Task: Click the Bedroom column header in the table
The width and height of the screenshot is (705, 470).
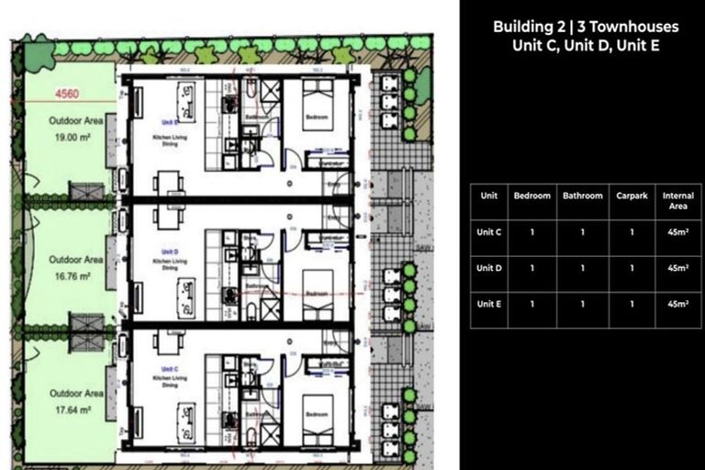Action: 532,196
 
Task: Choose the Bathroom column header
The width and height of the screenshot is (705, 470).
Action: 582,196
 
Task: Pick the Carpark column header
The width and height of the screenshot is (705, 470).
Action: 631,196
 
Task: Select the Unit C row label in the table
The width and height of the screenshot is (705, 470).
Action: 488,232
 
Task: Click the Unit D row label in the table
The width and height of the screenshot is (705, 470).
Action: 488,268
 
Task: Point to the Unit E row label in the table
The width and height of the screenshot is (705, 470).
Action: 488,304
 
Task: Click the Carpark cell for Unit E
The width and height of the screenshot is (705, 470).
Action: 631,304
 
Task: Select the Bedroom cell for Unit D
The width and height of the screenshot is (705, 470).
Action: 532,268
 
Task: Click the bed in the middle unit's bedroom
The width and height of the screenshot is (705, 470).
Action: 317,285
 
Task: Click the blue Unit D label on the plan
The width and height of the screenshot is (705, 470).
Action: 169,251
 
